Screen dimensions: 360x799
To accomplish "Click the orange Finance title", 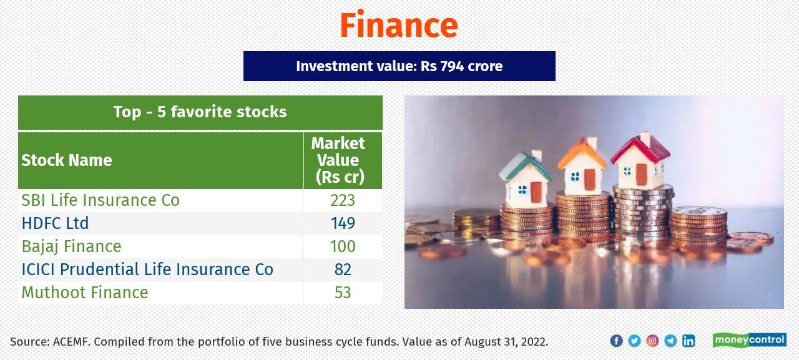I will pyautogui.click(x=399, y=25).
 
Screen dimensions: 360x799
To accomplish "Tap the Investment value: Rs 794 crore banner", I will pyautogui.click(x=399, y=66).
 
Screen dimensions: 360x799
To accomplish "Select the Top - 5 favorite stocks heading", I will pyautogui.click(x=200, y=112).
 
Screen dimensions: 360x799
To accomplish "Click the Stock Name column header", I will pyautogui.click(x=67, y=160).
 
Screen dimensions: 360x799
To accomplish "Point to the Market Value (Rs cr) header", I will pyautogui.click(x=339, y=160).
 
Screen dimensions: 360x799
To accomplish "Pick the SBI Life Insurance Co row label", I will pyautogui.click(x=100, y=200).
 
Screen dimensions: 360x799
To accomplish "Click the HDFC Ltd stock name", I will pyautogui.click(x=55, y=223).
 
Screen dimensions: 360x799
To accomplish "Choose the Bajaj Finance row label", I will pyautogui.click(x=71, y=246).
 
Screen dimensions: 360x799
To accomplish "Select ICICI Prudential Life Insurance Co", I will pyautogui.click(x=147, y=270).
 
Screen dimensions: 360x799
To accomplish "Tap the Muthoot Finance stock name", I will pyautogui.click(x=85, y=293).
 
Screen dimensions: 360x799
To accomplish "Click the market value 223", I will pyautogui.click(x=342, y=200).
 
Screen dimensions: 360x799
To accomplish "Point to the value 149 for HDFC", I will pyautogui.click(x=342, y=223).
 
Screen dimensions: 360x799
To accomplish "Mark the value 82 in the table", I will pyautogui.click(x=342, y=270).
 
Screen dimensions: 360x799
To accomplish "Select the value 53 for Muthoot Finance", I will pyautogui.click(x=342, y=293).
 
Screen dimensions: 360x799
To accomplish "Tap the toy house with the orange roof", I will pyautogui.click(x=582, y=167).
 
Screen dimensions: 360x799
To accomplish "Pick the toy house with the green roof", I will pyautogui.click(x=526, y=178).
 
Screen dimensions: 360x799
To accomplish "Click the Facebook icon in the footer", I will pyautogui.click(x=616, y=341).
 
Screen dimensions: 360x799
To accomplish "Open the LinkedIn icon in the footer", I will pyautogui.click(x=689, y=341).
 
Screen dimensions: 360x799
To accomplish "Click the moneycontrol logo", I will pyautogui.click(x=749, y=340).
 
